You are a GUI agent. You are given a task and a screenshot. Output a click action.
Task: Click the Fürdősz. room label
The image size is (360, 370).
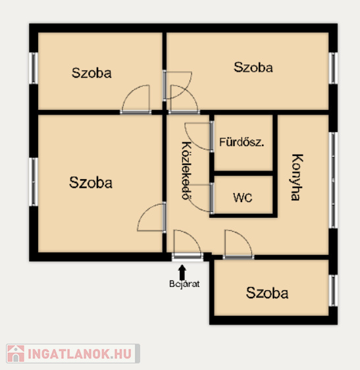tap(242, 142)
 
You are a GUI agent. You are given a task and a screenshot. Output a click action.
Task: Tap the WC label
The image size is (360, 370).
tap(242, 198)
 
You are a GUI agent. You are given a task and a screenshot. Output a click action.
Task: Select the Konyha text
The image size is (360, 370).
tap(296, 177)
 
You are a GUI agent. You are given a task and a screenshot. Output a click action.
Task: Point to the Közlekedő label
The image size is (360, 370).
tap(187, 171)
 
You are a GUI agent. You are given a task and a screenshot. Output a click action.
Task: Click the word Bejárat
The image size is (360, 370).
tap(184, 284)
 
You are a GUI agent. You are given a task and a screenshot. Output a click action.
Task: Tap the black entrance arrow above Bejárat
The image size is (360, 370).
tap(182, 272)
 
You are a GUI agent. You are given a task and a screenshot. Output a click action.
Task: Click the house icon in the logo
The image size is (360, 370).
tap(16, 354)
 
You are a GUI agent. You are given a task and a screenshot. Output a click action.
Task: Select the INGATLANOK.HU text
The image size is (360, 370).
tap(80, 354)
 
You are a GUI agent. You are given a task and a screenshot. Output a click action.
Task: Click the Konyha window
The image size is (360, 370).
tap(333, 180)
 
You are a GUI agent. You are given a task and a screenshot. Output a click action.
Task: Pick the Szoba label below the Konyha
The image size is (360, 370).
tap(267, 293)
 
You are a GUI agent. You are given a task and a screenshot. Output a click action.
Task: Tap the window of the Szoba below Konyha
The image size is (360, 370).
tap(333, 290)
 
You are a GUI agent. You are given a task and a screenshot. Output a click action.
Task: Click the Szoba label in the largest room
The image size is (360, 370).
tap(91, 182)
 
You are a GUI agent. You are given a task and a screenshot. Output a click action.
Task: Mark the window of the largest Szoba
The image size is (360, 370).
tap(34, 182)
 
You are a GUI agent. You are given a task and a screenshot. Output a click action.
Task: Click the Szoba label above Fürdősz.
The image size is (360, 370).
tap(253, 67)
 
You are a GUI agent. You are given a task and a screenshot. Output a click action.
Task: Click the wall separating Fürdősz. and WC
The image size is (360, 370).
tap(244, 173)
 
